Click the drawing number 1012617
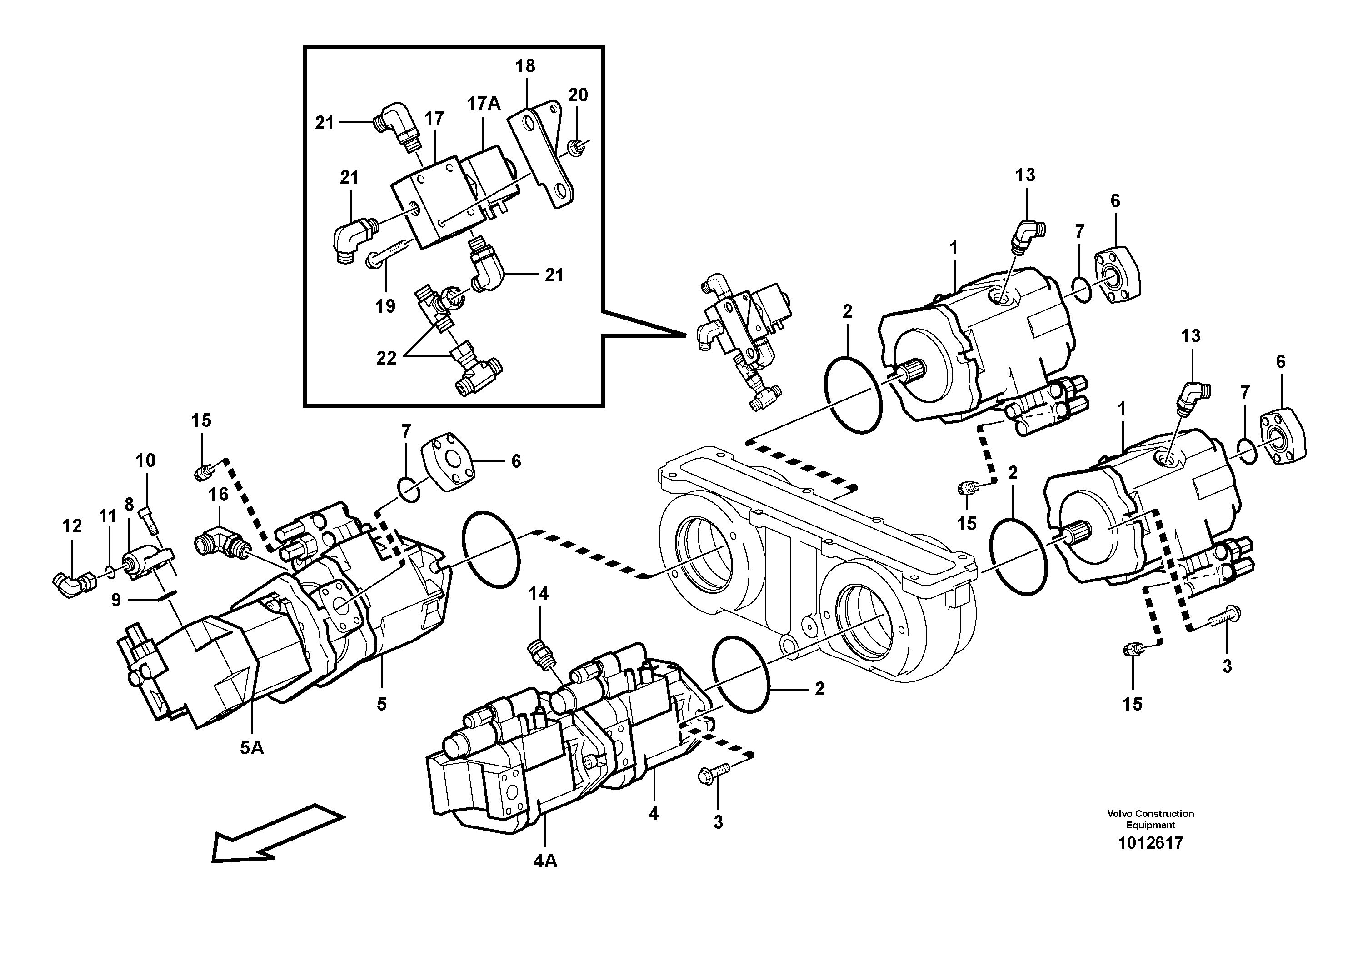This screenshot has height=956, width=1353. pyautogui.click(x=1150, y=843)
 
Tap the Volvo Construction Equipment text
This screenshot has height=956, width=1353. pyautogui.click(x=1150, y=819)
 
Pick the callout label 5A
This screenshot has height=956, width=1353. pyautogui.click(x=252, y=748)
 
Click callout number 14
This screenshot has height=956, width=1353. pyautogui.click(x=539, y=594)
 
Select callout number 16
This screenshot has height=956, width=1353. pyautogui.click(x=219, y=494)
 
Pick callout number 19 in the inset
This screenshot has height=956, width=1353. pyautogui.click(x=385, y=306)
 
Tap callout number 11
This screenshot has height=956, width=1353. pyautogui.click(x=108, y=517)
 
